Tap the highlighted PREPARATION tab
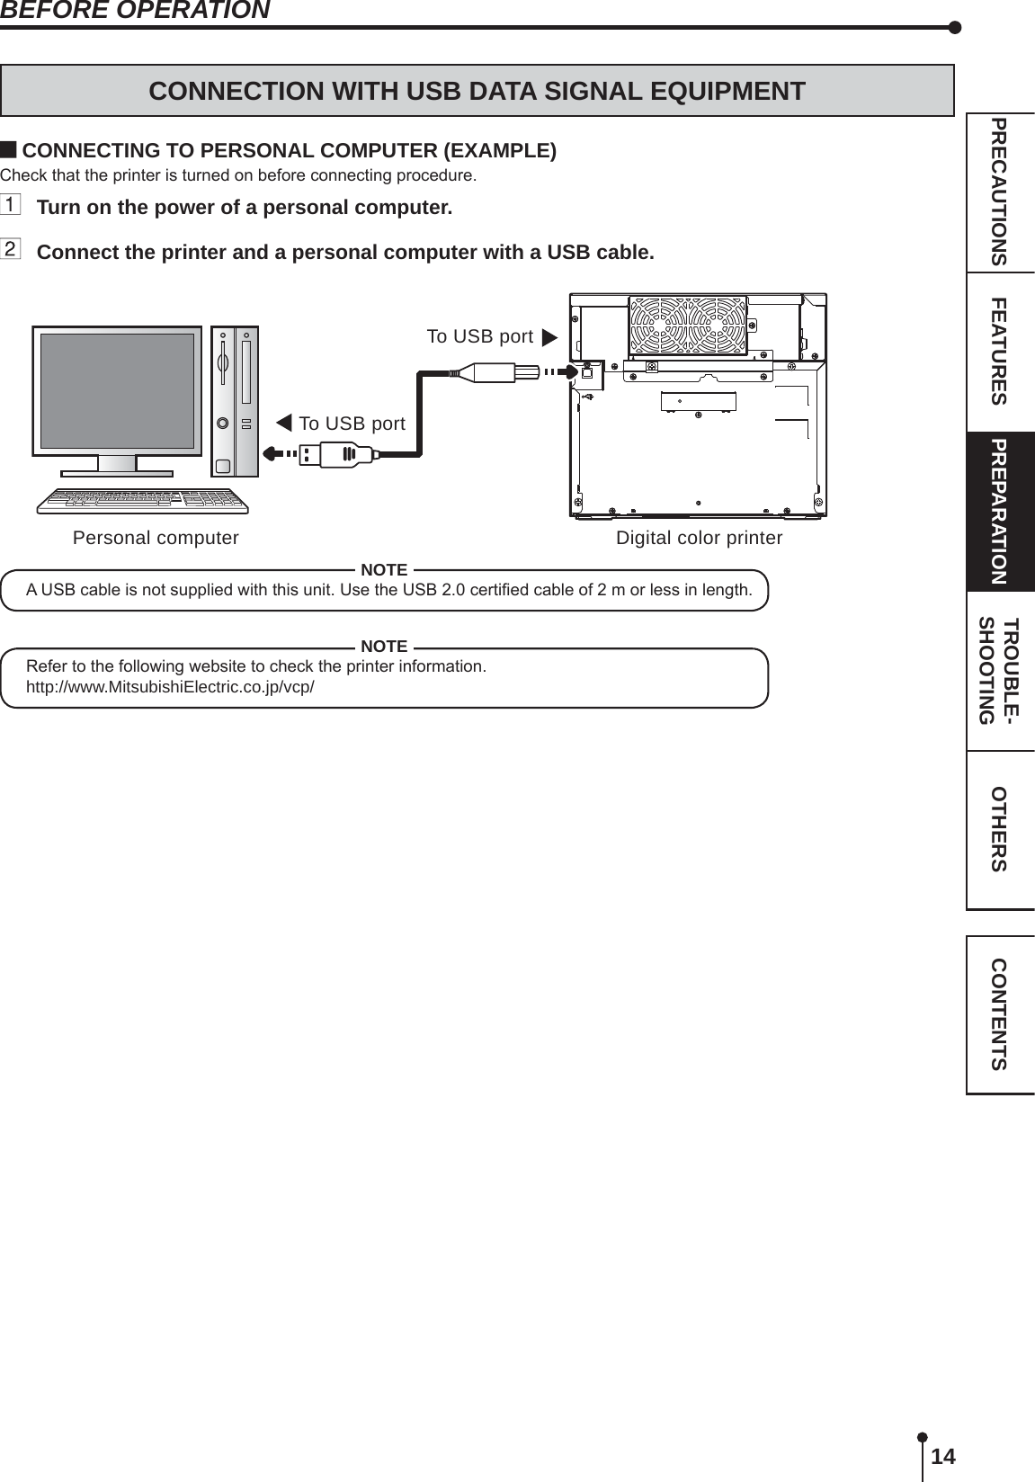coord(999,512)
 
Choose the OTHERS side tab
coord(999,829)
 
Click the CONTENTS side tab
coord(999,1014)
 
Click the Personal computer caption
coord(156,538)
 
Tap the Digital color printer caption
coord(699,538)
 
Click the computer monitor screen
coord(117,390)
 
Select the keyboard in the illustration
coord(142,501)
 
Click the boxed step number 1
coord(10,205)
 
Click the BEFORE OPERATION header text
coord(135,10)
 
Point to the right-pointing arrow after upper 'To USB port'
coord(549,338)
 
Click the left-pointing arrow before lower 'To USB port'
coord(284,423)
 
